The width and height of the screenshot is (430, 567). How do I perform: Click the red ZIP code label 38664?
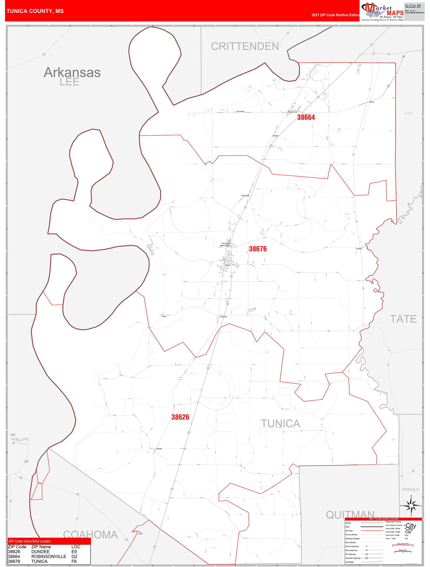[306, 117]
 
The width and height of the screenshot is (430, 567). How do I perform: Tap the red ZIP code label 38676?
[258, 249]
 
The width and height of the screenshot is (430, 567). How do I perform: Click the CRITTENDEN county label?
[245, 46]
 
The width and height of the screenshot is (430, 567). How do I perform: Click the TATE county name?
[403, 319]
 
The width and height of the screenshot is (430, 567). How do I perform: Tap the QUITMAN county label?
[350, 514]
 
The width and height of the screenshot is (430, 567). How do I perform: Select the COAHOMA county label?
[90, 535]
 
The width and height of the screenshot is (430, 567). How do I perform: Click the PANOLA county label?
[411, 489]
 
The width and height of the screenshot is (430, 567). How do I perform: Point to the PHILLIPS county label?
[20, 439]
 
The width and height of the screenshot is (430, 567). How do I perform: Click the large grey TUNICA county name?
[280, 424]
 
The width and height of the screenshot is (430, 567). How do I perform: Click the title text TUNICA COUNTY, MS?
[35, 11]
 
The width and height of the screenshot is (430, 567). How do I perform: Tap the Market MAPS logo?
[382, 12]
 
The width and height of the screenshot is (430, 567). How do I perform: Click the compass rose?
[411, 506]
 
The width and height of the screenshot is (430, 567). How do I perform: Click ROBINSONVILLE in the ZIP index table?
[49, 557]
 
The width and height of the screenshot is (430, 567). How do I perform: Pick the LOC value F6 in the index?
[74, 561]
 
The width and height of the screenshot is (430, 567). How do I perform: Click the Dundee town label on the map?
[159, 449]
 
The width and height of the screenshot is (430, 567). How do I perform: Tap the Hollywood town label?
[245, 196]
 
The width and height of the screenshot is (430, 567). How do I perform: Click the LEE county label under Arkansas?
[69, 82]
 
